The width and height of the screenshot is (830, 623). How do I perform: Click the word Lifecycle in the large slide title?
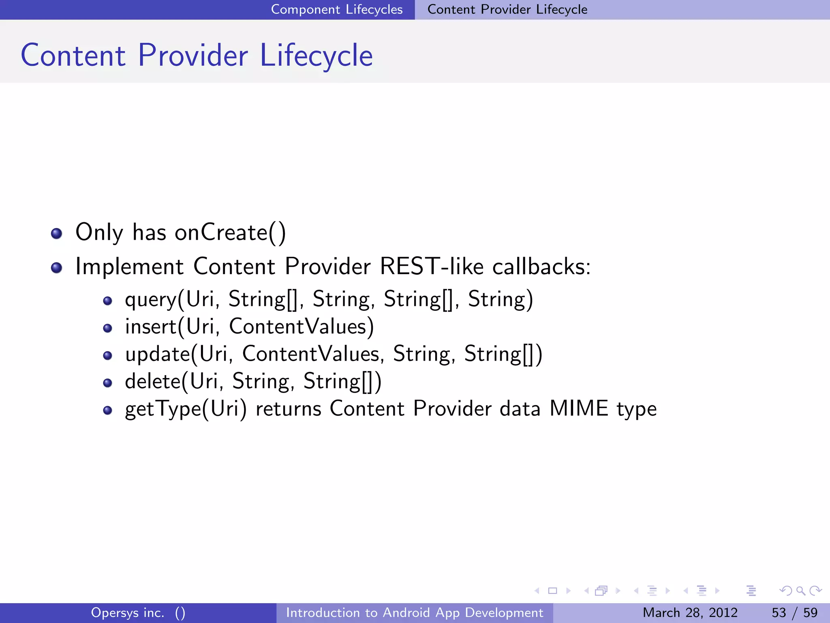coord(316,56)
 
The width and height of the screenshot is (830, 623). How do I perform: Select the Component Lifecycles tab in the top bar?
coord(336,9)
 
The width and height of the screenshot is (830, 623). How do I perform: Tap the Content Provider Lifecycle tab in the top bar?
coord(507,9)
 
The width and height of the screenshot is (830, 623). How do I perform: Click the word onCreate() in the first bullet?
coord(230,233)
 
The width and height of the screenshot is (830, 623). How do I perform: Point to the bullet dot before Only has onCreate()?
coord(57,234)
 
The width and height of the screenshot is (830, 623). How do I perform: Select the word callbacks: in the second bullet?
coord(541,266)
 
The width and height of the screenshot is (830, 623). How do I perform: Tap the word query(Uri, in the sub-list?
coord(169,300)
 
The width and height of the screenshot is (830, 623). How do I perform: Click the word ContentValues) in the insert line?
coord(302,327)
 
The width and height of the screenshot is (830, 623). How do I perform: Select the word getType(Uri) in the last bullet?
coord(186,409)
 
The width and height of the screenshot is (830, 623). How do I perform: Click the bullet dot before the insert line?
coord(107,328)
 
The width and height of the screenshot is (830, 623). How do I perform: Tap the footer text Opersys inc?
coord(128,612)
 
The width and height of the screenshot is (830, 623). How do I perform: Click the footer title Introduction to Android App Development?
coord(415,612)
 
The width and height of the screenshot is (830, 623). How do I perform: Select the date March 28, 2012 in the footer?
coord(690,612)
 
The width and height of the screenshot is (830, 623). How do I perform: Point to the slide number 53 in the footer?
coord(779,612)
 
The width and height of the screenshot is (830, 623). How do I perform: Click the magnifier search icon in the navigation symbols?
coord(800,591)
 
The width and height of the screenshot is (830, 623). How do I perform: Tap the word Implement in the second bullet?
coord(130,266)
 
